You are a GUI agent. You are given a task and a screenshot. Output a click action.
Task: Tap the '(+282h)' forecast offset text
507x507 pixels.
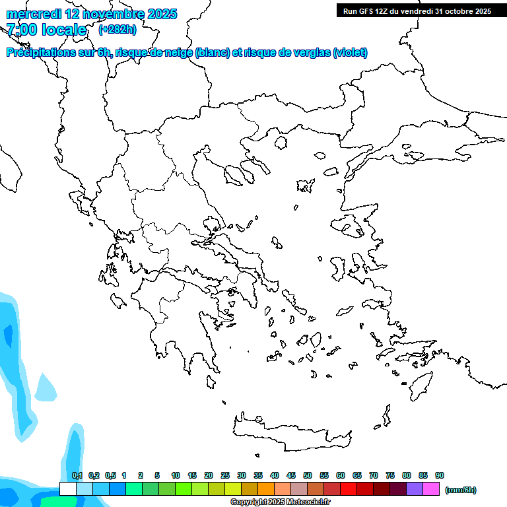117,30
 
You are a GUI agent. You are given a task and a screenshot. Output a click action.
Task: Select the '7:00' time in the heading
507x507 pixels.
20,30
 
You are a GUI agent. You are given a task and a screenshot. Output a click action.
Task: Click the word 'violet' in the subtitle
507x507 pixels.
349,53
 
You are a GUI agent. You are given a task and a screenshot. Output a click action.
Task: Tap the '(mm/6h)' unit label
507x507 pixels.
461,490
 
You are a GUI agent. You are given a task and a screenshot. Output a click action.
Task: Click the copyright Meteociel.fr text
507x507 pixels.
280,502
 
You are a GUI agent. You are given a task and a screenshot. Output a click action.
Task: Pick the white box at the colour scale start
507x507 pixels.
67,489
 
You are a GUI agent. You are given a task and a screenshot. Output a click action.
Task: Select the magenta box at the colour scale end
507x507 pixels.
431,489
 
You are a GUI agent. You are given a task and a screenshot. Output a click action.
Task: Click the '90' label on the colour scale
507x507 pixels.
440,475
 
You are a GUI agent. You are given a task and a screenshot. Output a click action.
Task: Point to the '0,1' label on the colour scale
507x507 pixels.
77,475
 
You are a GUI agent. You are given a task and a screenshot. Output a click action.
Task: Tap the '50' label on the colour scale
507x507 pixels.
308,475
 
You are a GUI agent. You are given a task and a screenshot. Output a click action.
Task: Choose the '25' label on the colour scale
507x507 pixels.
225,475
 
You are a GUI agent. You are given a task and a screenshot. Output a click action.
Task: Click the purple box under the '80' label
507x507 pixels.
415,489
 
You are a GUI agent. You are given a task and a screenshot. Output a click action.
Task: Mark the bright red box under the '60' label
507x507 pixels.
349,489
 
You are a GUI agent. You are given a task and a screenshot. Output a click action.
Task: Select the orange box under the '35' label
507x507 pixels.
266,489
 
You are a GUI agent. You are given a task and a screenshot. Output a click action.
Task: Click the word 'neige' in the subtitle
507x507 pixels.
177,53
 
